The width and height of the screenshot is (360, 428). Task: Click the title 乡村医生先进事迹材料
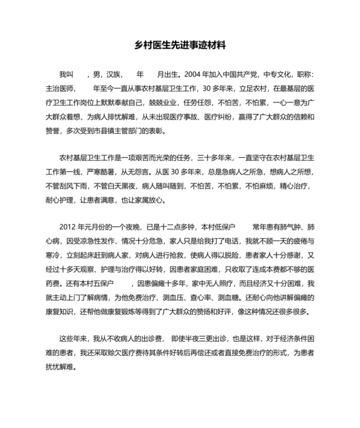pos(179,46)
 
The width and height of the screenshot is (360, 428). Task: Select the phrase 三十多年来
pos(208,158)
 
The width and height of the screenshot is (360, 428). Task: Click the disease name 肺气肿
pos(288,228)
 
